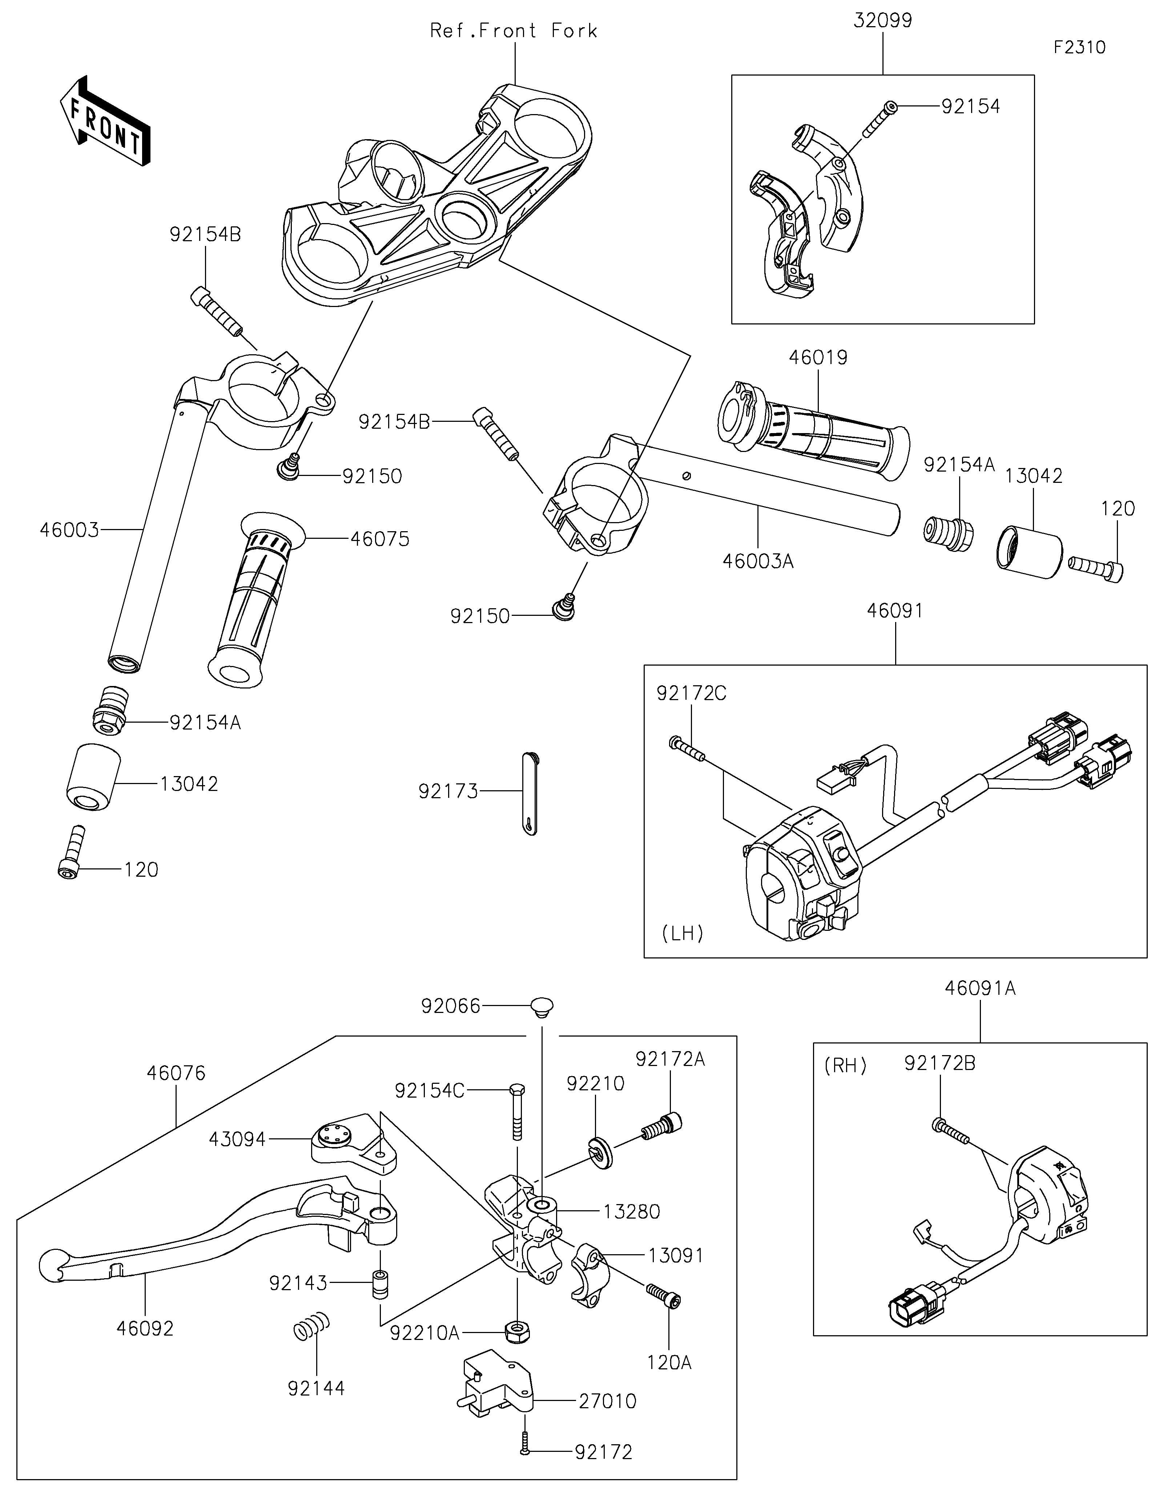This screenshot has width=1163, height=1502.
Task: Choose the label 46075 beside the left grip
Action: click(x=380, y=539)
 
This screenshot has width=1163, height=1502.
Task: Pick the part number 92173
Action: click(x=448, y=792)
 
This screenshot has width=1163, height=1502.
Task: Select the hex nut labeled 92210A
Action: click(x=516, y=1332)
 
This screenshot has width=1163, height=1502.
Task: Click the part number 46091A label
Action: click(x=980, y=988)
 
